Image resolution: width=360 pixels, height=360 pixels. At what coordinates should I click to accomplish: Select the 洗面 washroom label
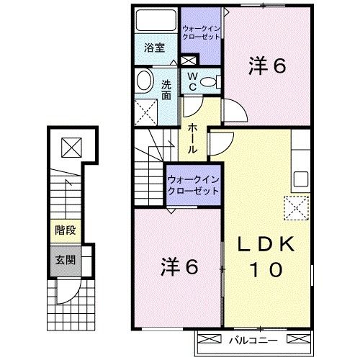pyautogui.click(x=166, y=87)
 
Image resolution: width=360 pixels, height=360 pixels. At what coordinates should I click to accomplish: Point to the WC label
pyautogui.click(x=192, y=81)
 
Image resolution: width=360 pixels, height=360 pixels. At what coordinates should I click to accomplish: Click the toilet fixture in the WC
pyautogui.click(x=210, y=81)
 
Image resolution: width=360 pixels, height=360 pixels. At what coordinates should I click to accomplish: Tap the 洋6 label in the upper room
pyautogui.click(x=267, y=66)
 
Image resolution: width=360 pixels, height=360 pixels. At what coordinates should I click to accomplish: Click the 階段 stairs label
pyautogui.click(x=66, y=231)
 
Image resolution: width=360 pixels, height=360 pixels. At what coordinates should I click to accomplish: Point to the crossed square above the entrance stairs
pyautogui.click(x=71, y=147)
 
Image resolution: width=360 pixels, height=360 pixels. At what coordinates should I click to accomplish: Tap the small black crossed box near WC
pyautogui.click(x=190, y=61)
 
